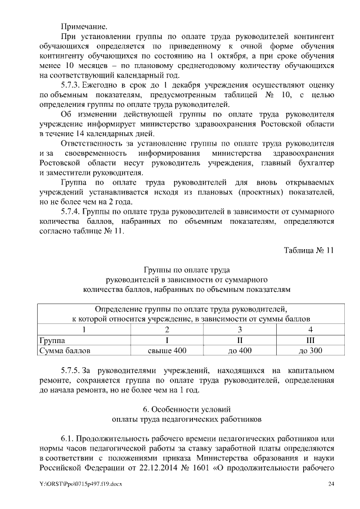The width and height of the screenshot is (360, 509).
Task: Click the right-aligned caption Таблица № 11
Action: pos(308,250)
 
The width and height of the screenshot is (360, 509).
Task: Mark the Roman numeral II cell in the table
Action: pos(240,340)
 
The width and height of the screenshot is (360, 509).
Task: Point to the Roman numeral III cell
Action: pos(310,340)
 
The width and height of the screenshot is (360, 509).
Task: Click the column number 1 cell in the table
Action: pos(84,330)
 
